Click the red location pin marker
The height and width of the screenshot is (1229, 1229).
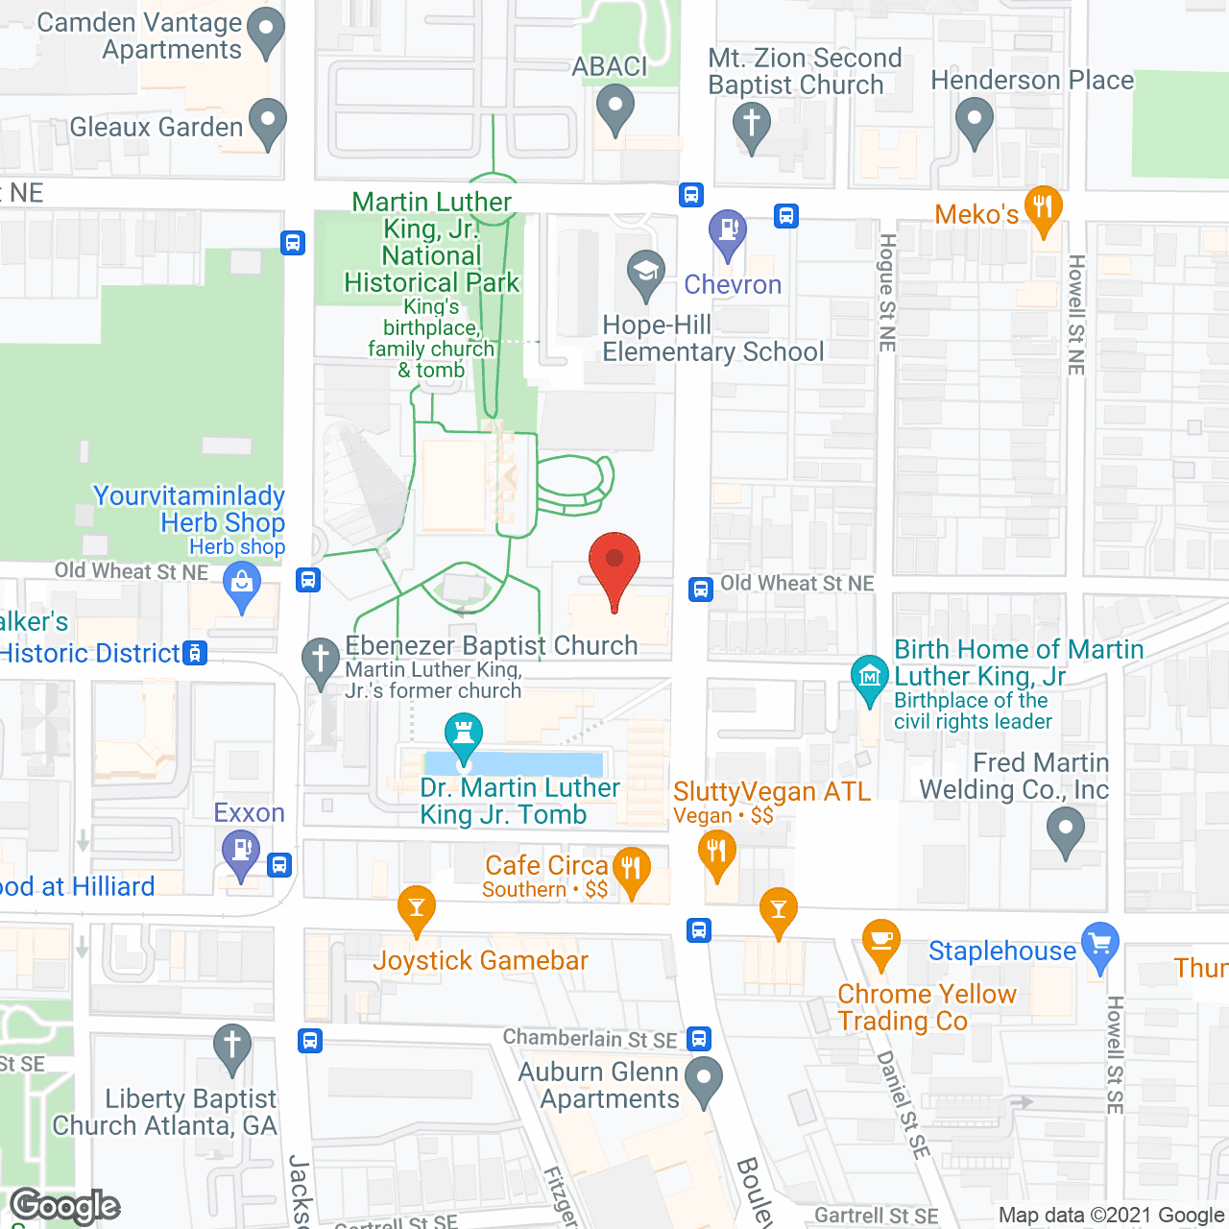[x=614, y=561]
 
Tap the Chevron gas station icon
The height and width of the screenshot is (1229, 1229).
[x=728, y=230]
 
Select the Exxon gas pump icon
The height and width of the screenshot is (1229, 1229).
[x=241, y=851]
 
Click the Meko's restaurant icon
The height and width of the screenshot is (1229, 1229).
[x=1043, y=206]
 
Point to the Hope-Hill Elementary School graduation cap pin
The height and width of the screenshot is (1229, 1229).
[x=646, y=271]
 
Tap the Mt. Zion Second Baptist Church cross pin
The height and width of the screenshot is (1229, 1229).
[x=752, y=124]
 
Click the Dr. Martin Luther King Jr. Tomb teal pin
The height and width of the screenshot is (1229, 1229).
[x=464, y=736]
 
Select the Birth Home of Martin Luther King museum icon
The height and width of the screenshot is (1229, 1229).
[x=870, y=677]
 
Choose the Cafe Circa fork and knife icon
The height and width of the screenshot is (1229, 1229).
[x=631, y=868]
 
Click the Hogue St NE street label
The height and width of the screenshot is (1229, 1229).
[x=887, y=292]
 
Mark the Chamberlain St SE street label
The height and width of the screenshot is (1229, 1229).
[x=590, y=1039]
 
